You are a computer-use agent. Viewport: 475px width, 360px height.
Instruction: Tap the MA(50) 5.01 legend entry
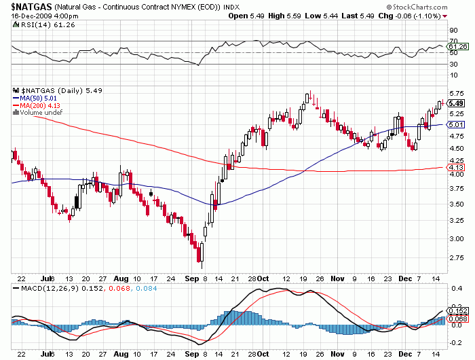click(38, 98)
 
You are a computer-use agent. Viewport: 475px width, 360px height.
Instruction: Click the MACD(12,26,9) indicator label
click(43, 289)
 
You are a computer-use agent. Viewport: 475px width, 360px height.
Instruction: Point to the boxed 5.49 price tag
click(456, 103)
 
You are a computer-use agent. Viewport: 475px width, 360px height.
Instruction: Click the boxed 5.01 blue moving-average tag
click(456, 125)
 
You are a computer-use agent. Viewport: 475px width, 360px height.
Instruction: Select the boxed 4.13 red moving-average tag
click(456, 167)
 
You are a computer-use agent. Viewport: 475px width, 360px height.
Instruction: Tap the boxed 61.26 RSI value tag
click(459, 46)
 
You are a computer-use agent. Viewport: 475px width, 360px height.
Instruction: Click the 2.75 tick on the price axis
click(457, 258)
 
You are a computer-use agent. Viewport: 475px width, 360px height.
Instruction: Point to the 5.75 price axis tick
click(457, 93)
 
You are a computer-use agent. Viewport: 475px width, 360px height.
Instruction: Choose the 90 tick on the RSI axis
click(453, 30)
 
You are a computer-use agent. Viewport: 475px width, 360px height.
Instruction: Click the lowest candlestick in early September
click(200, 255)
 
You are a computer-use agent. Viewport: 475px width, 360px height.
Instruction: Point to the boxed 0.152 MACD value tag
click(459, 310)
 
